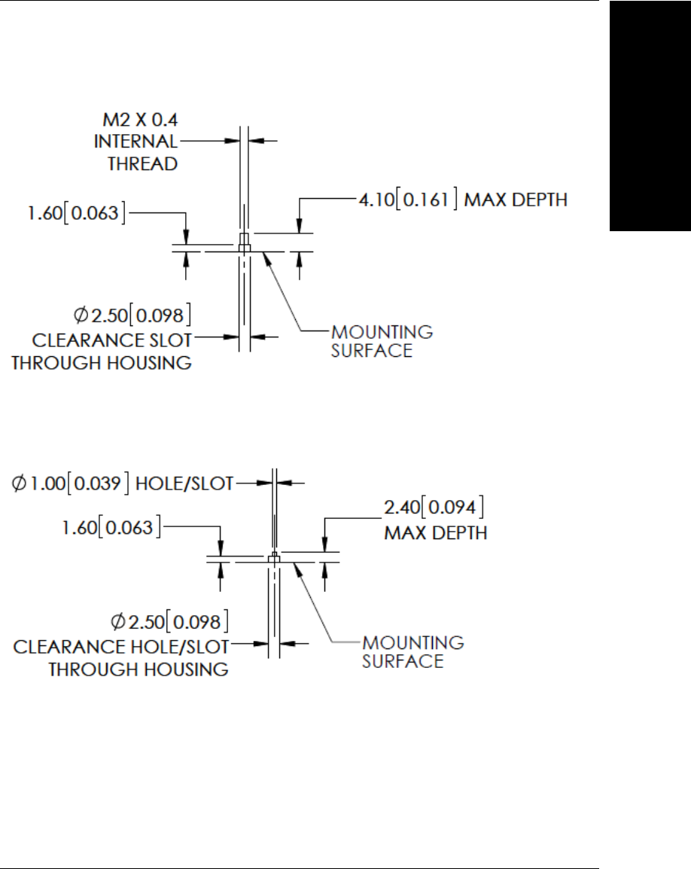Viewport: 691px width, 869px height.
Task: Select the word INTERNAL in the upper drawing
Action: pos(136,142)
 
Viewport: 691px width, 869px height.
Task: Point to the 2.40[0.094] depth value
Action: pos(434,505)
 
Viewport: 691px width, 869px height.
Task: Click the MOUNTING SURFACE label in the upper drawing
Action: pos(382,340)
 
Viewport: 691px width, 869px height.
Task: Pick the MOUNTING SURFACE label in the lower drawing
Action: pos(413,652)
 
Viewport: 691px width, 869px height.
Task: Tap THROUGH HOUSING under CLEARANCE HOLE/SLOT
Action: pos(139,669)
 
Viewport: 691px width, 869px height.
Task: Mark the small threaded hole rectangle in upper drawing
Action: pos(244,243)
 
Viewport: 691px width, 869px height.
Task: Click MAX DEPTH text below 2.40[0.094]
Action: pos(435,533)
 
